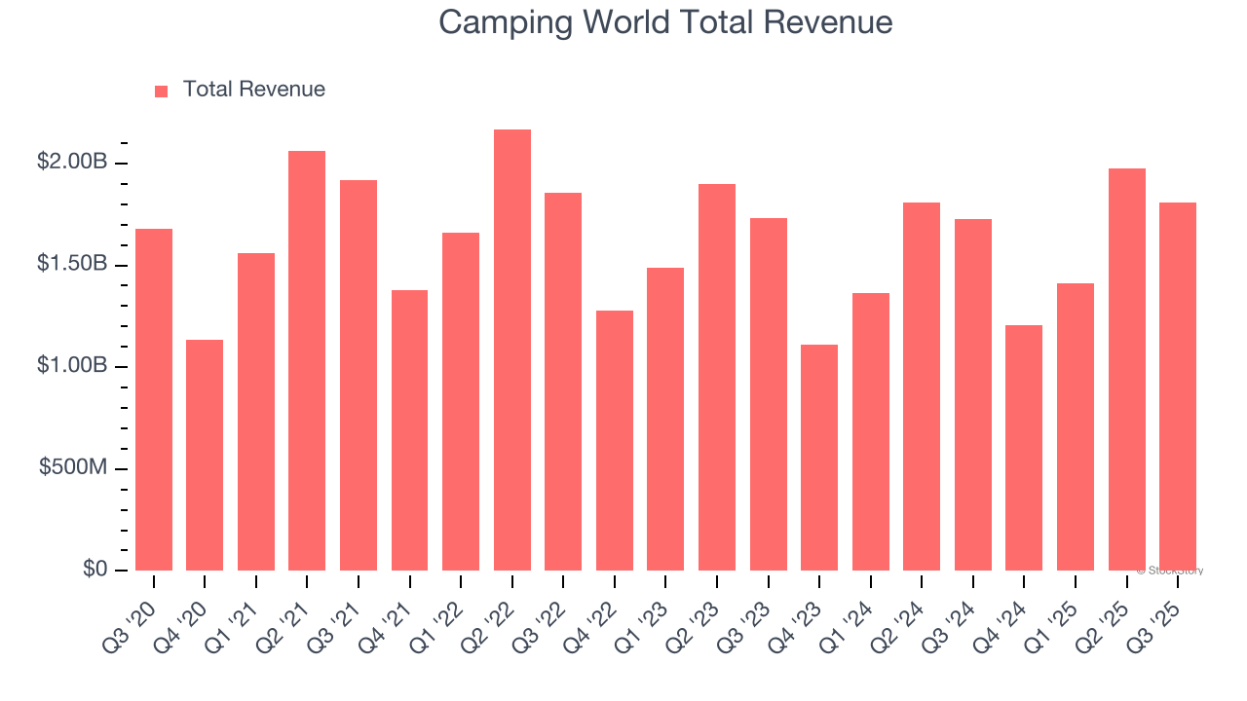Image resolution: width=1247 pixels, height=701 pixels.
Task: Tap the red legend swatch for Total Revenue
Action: pyautogui.click(x=162, y=91)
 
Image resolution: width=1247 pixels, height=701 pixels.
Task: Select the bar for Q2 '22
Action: pyautogui.click(x=512, y=350)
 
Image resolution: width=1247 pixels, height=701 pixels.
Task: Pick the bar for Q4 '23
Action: pyautogui.click(x=819, y=458)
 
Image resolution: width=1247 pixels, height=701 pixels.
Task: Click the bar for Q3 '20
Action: pyautogui.click(x=154, y=399)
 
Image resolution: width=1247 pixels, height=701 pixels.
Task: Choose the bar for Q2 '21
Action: pyautogui.click(x=307, y=360)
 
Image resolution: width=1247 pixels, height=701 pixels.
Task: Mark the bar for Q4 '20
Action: pyautogui.click(x=205, y=455)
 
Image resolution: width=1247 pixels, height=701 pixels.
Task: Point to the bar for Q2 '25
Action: pyautogui.click(x=1126, y=370)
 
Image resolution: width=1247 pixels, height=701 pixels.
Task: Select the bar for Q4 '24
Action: pyautogui.click(x=1024, y=448)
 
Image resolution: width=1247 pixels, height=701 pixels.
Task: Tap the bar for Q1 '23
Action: pyautogui.click(x=665, y=419)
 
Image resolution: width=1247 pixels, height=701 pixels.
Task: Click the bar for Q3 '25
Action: pyautogui.click(x=1178, y=387)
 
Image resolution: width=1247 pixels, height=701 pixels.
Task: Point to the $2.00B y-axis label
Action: pyautogui.click(x=72, y=163)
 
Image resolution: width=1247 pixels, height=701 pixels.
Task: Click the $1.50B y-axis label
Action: pyautogui.click(x=72, y=265)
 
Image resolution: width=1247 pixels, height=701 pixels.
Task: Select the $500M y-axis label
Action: pyautogui.click(x=73, y=468)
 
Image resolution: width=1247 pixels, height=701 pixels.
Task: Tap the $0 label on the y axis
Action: pyautogui.click(x=94, y=570)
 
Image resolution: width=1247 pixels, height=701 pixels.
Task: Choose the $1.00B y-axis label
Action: pyautogui.click(x=72, y=366)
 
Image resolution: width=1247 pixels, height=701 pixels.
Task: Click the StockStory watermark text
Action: pyautogui.click(x=1170, y=571)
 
